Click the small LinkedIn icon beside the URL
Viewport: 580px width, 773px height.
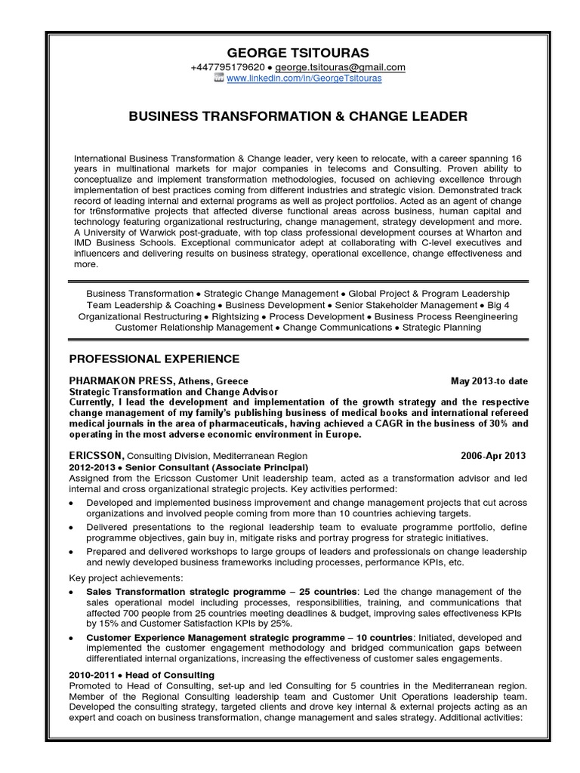220,79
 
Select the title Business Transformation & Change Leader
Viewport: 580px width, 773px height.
298,116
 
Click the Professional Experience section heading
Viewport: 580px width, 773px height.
154,358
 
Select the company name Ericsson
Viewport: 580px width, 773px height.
96,457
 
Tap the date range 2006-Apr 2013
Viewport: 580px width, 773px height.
494,457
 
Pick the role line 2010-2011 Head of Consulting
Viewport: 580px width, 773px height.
142,674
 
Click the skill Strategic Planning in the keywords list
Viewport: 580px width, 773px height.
441,328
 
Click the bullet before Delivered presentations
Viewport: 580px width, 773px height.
71,526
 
